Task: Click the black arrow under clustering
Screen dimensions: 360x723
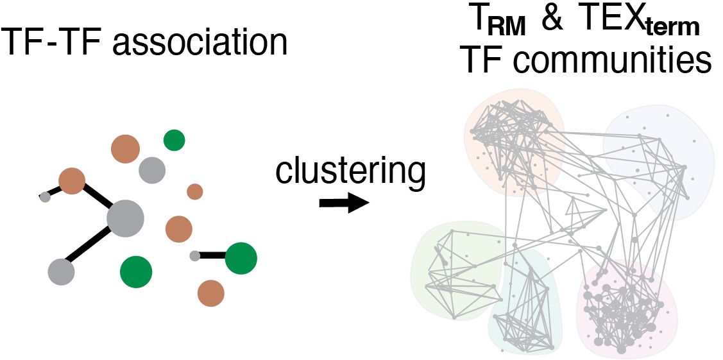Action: coord(344,203)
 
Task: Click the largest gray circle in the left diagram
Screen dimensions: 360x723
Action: coord(126,218)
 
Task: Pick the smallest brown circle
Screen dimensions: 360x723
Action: coord(195,191)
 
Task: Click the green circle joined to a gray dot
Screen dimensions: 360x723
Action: coord(241,258)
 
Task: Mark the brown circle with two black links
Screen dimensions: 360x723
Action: coord(72,181)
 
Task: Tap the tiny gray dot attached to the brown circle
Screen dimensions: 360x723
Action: coord(45,197)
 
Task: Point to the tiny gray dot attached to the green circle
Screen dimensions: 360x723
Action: coord(195,256)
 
